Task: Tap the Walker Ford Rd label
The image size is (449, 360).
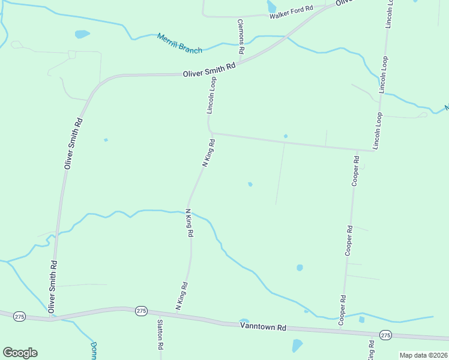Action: (x=291, y=12)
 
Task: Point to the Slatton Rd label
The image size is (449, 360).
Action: (x=160, y=334)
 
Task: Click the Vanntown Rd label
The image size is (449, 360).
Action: (x=263, y=327)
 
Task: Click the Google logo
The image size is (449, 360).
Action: (x=20, y=353)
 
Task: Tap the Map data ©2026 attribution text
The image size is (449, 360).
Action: (x=423, y=355)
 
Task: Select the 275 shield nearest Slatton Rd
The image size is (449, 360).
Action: (x=141, y=311)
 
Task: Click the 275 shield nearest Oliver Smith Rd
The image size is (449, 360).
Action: (x=20, y=316)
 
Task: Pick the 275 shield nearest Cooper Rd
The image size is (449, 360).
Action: (x=385, y=335)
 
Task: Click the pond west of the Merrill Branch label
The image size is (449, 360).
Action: (x=82, y=34)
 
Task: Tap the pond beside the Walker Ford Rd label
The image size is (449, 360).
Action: (x=271, y=6)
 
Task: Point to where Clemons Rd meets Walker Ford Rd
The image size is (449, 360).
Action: (x=238, y=16)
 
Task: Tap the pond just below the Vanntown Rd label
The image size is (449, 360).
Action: (x=297, y=345)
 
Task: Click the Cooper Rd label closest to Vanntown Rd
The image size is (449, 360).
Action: (x=342, y=310)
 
